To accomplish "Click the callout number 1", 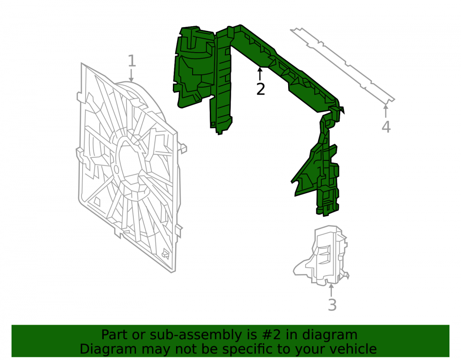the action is (x=132, y=61).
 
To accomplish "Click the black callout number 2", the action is (x=260, y=89).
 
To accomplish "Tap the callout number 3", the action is (x=332, y=305).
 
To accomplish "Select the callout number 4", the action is (x=386, y=127).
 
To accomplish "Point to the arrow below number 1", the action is (x=131, y=75).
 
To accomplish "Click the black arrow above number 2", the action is (x=260, y=73).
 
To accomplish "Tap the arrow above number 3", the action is (x=331, y=290).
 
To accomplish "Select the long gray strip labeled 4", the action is (x=343, y=65).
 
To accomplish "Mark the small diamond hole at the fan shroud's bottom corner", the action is (x=165, y=254).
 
